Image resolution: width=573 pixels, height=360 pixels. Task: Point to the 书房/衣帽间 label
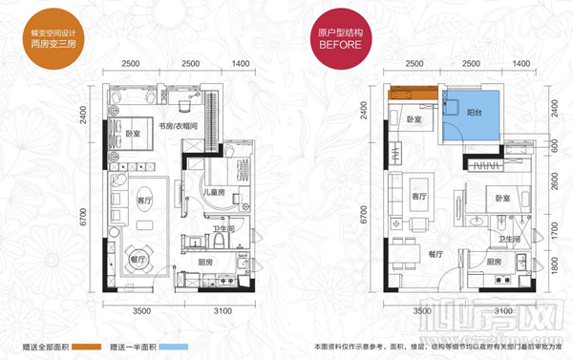[178, 125]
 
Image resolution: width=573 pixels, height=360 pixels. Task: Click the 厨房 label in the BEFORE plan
[494, 260]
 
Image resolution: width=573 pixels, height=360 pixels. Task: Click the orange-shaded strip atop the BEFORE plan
[413, 92]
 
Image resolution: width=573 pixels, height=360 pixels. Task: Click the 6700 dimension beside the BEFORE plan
[366, 222]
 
